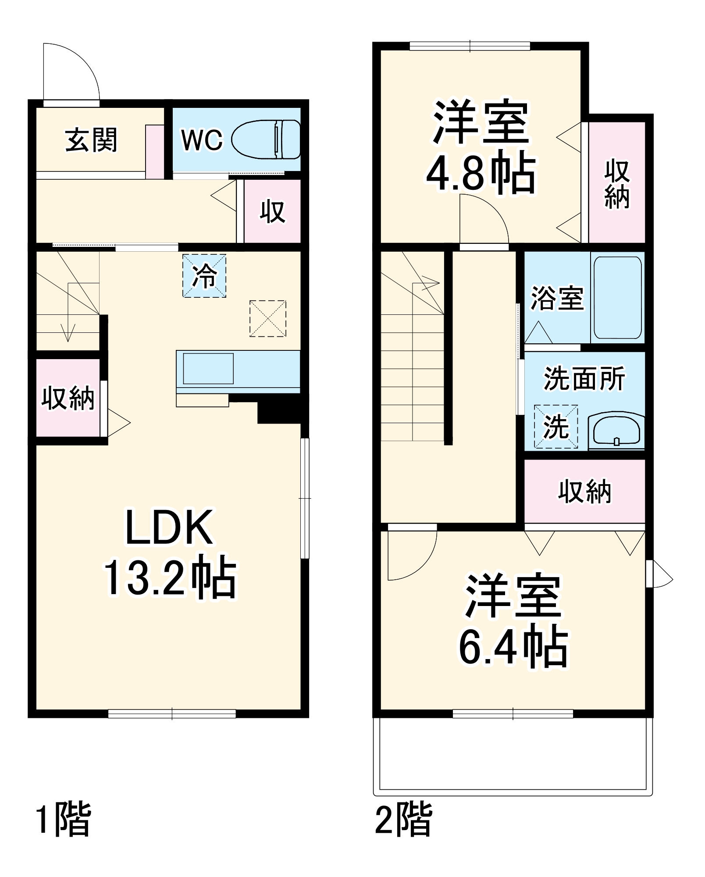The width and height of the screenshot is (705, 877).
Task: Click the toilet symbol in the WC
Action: click(266, 139)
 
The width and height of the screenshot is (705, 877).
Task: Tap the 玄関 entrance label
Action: click(91, 140)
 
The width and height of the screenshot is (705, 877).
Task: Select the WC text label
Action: click(202, 140)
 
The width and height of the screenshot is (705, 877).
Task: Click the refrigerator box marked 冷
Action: click(204, 276)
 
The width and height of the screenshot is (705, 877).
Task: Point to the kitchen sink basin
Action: click(208, 369)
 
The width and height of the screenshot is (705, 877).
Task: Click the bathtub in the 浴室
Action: click(617, 298)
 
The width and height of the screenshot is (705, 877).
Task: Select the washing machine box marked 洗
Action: click(555, 426)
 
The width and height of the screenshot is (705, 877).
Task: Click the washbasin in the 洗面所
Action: click(616, 430)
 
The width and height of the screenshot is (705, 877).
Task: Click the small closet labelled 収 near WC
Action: click(272, 211)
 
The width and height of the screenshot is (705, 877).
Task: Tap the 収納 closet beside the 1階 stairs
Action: click(68, 398)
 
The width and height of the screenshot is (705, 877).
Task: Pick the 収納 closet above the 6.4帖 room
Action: click(584, 491)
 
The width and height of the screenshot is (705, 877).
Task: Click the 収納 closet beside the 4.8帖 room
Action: click(616, 183)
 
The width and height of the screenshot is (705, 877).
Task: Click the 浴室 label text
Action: click(557, 298)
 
